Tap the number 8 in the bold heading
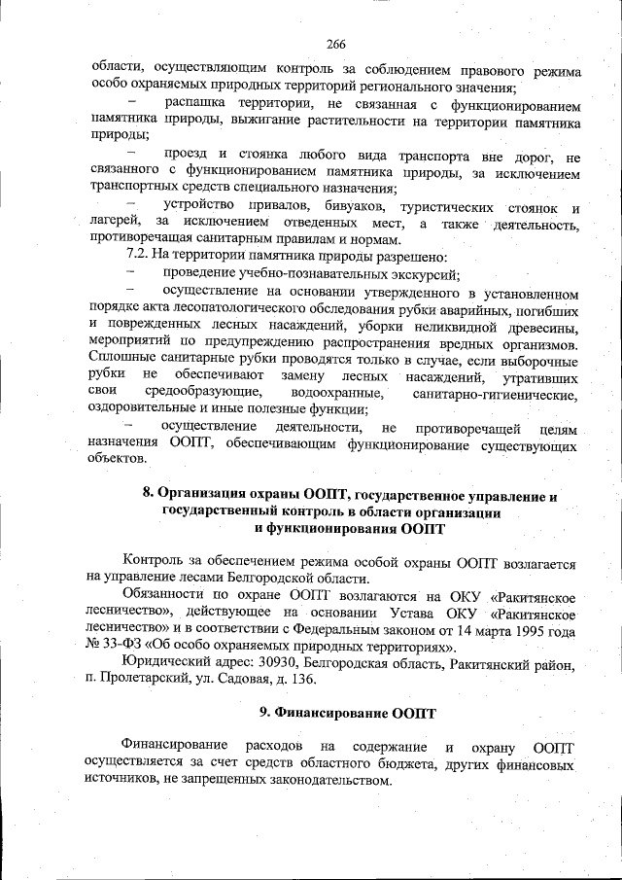click(x=148, y=495)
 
